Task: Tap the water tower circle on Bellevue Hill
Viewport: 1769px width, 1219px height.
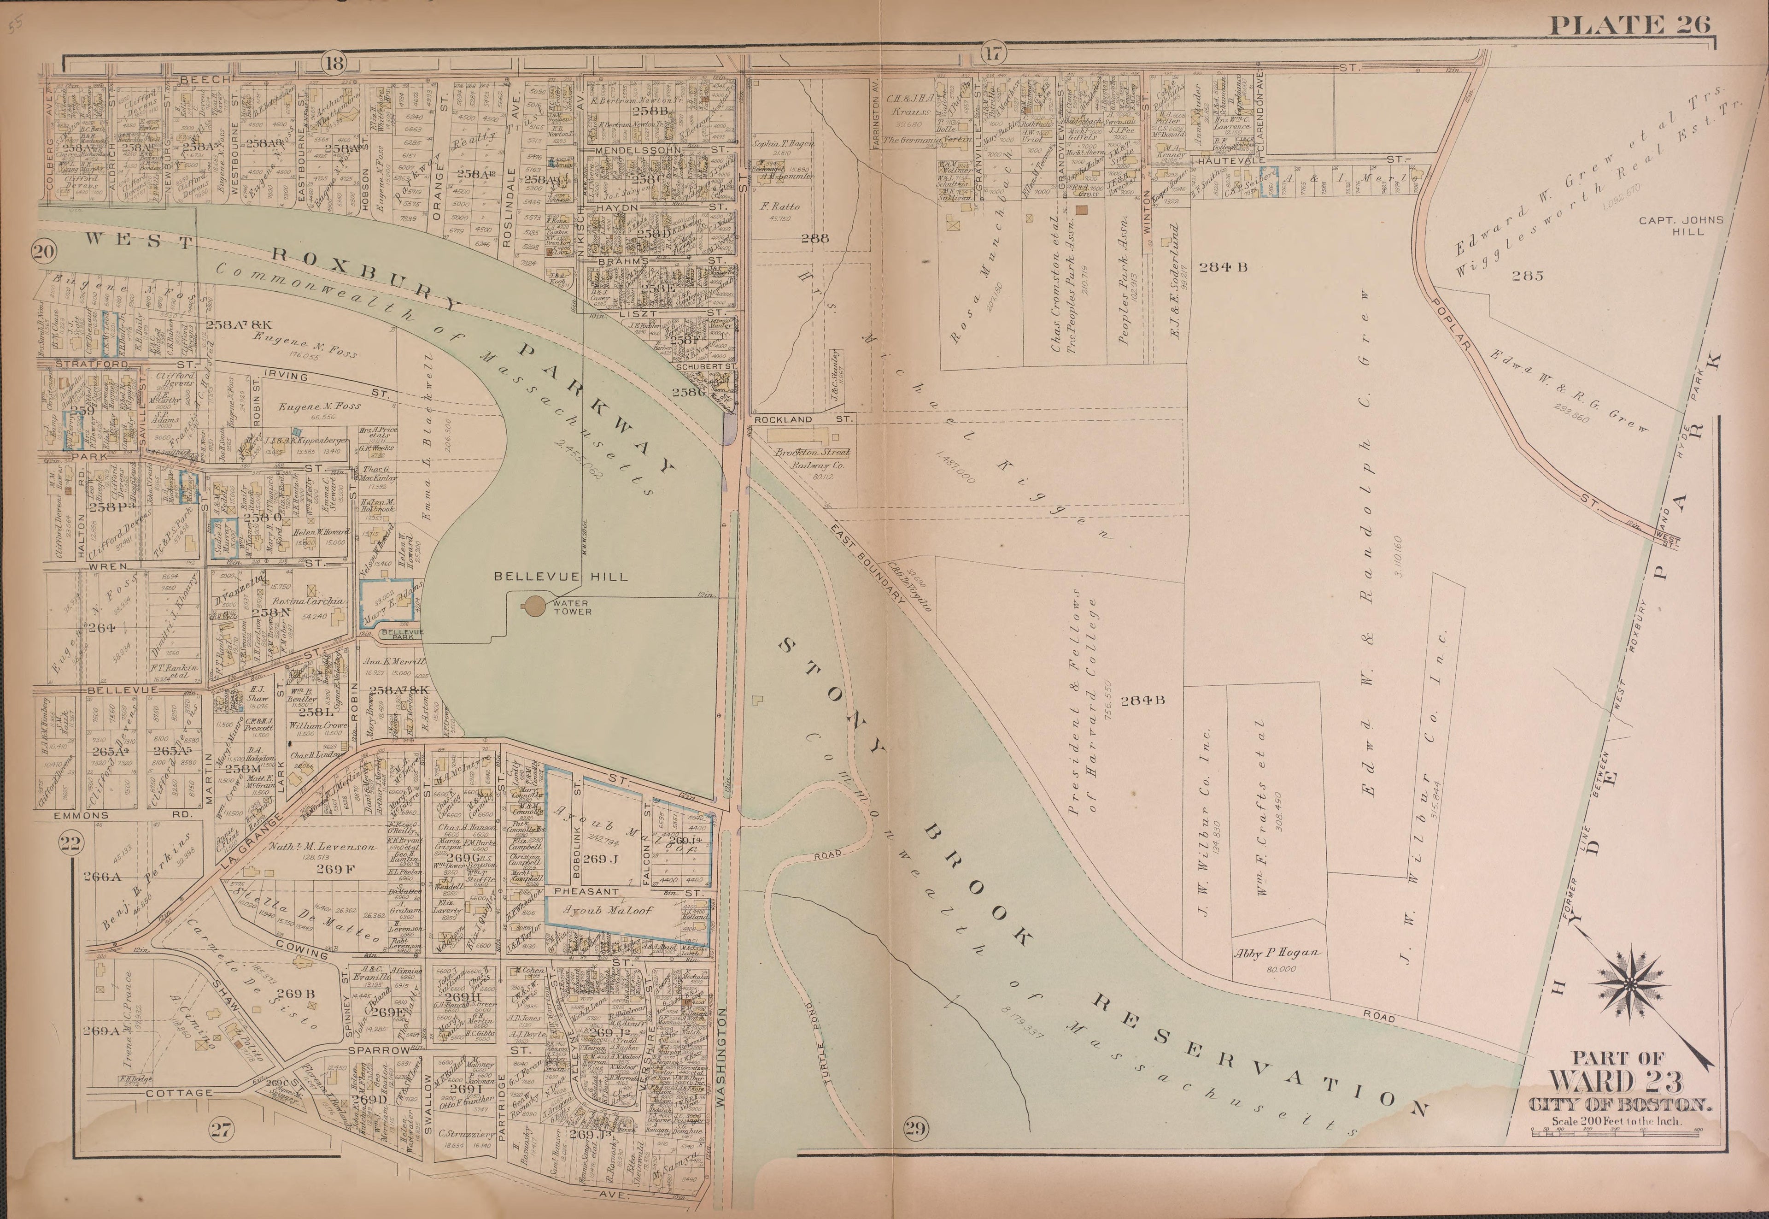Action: click(x=534, y=606)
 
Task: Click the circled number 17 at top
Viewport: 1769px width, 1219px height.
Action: click(x=991, y=53)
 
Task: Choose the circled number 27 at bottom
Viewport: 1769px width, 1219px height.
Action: click(x=220, y=1131)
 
